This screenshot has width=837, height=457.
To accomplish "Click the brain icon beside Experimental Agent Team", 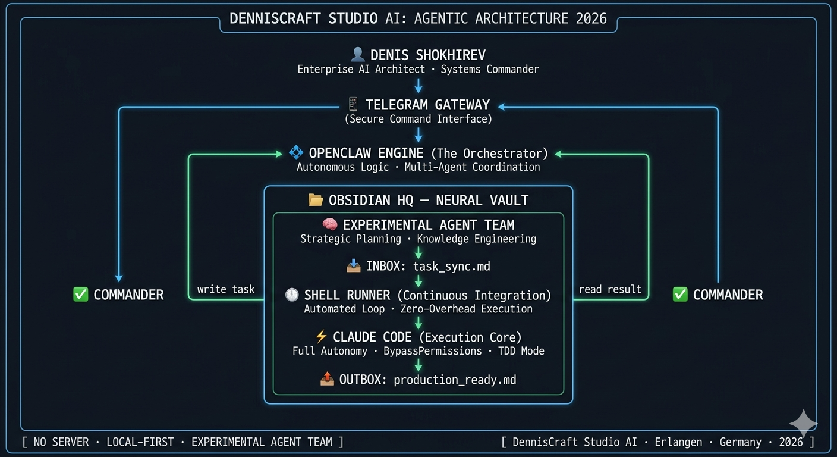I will click(x=330, y=225).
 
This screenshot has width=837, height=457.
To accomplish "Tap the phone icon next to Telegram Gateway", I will click(x=353, y=105).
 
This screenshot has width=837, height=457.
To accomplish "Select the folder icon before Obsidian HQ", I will click(x=316, y=200).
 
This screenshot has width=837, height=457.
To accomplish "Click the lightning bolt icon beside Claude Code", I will click(x=321, y=337).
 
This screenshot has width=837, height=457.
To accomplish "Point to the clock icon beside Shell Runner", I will click(x=292, y=295).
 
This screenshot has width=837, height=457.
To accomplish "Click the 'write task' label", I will click(x=226, y=289).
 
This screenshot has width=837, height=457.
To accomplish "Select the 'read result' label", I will click(x=610, y=289).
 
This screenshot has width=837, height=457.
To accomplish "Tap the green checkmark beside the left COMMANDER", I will click(x=80, y=295).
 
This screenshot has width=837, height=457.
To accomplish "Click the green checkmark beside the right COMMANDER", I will click(x=680, y=295).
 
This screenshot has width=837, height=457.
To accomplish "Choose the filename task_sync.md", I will click(x=452, y=266).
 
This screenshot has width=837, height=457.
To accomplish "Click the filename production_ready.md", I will click(x=455, y=380).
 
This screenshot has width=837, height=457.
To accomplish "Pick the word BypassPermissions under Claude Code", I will click(x=432, y=351).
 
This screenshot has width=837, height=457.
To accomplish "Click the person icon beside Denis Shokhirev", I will click(x=357, y=55).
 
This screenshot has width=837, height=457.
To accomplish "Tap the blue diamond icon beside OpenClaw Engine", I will click(x=295, y=153).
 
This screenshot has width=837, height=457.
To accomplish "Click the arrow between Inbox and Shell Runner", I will click(x=418, y=280).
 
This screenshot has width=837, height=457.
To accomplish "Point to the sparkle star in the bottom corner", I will click(x=803, y=423).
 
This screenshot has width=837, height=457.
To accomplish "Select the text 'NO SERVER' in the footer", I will click(x=61, y=442).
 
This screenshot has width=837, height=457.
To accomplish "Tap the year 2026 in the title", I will click(x=591, y=18).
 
